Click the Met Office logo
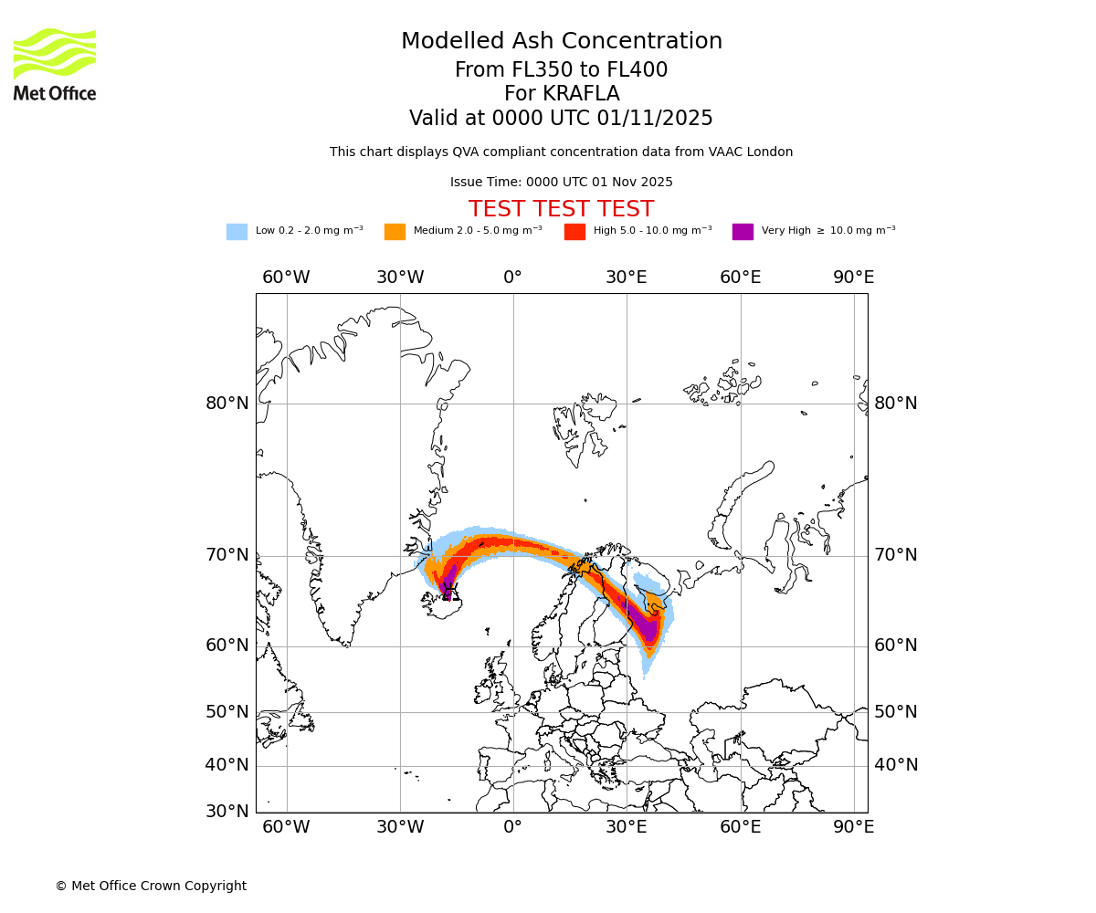[x=55, y=64]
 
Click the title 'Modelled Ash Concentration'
[x=562, y=42]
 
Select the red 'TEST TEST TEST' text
[x=561, y=209]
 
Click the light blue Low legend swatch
[x=237, y=232]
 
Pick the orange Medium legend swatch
[x=395, y=232]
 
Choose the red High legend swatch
[x=574, y=232]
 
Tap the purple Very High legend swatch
[x=743, y=232]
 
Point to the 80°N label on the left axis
[x=227, y=404]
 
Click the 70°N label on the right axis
[x=896, y=555]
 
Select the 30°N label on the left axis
[x=227, y=811]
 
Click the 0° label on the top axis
[x=513, y=278]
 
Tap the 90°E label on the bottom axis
[x=853, y=827]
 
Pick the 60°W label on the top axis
[x=286, y=278]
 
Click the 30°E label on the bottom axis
[x=627, y=827]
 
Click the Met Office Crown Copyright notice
[x=151, y=886]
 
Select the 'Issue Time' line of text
[x=561, y=183]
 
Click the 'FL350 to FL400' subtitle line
[x=561, y=70]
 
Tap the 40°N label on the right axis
[x=896, y=765]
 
